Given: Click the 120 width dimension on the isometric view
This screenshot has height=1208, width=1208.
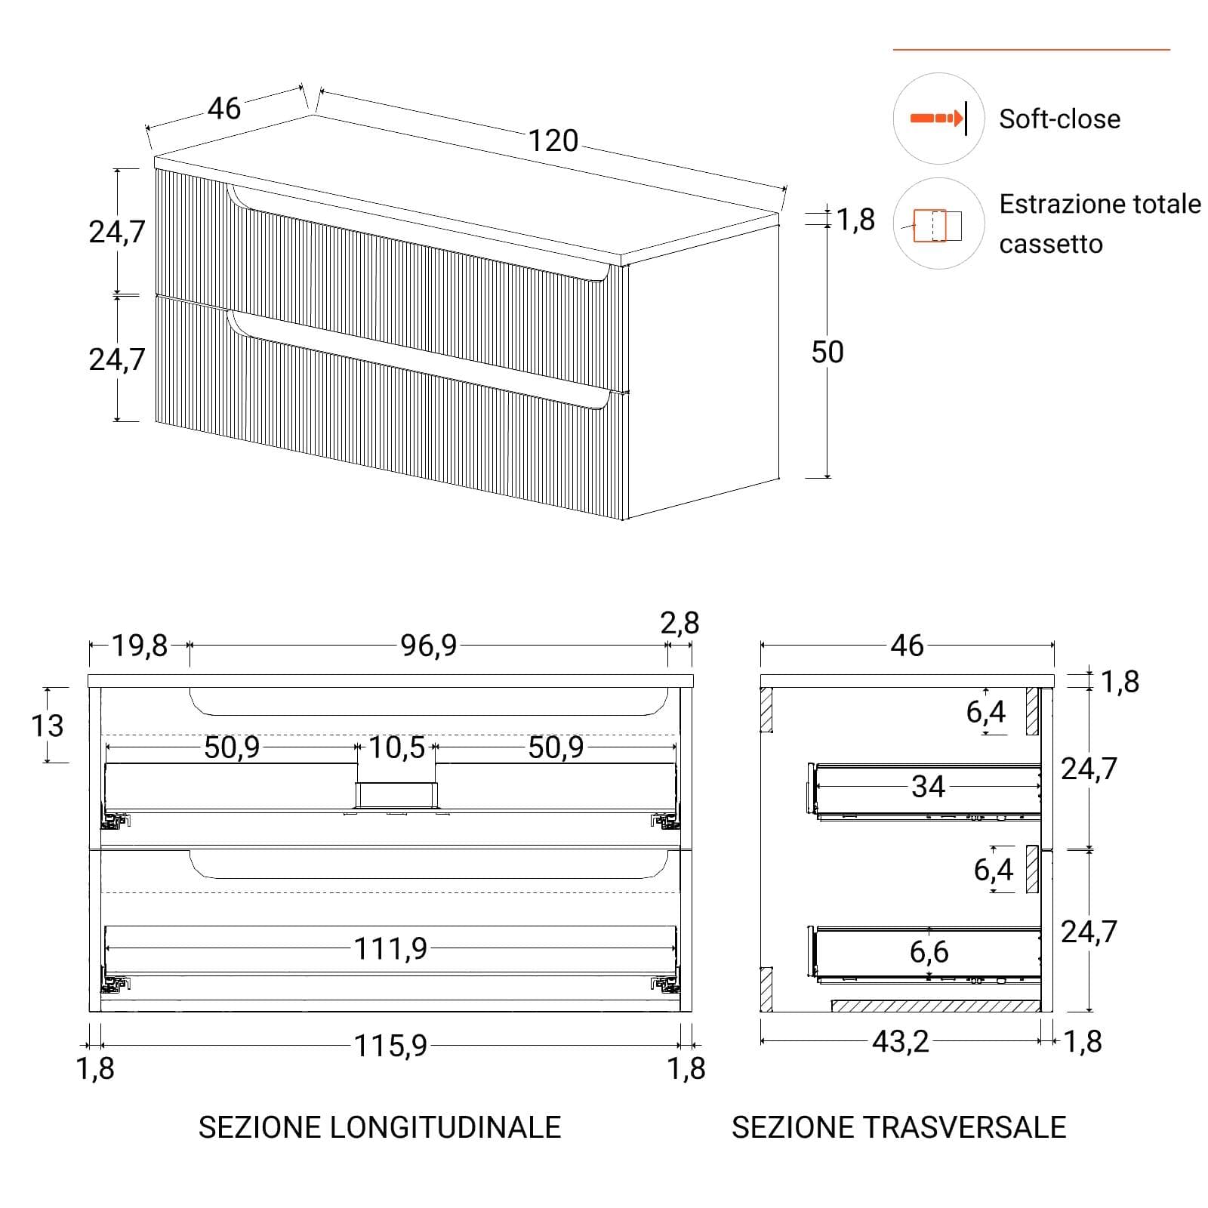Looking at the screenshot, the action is pos(553,141).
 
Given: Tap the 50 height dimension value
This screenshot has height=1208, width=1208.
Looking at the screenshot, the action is pos(827,353).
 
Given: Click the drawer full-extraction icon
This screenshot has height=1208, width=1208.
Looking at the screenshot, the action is pos(937,225).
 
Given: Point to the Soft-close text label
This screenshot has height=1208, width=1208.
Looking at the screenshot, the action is pos(1059,119).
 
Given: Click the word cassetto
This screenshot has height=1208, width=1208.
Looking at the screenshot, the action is pos(1051,245).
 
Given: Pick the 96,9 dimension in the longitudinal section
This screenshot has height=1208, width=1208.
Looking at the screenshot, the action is pos(428,646).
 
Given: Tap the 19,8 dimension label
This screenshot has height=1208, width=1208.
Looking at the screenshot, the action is pos(140,646).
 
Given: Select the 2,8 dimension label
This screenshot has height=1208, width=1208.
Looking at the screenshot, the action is pos(679,623).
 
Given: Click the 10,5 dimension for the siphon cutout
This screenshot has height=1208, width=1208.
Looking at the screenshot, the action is pos(396,748).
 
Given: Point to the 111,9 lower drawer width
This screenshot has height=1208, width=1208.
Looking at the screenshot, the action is pos(390,948).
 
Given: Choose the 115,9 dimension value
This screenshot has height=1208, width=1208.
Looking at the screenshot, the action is pos(390,1046).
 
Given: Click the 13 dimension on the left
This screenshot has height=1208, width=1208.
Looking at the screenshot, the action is pos(47,726).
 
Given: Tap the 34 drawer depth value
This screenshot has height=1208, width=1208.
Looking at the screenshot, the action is pos(928,787).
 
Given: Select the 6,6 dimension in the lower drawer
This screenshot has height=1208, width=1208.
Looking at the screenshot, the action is pos(929,952).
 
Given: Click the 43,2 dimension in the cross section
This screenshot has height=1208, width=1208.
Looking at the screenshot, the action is pos(900,1042).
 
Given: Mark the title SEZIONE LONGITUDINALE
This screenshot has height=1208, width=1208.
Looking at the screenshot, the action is pos(380,1127).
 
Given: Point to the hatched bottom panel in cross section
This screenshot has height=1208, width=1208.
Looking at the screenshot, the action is pos(936,1006).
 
